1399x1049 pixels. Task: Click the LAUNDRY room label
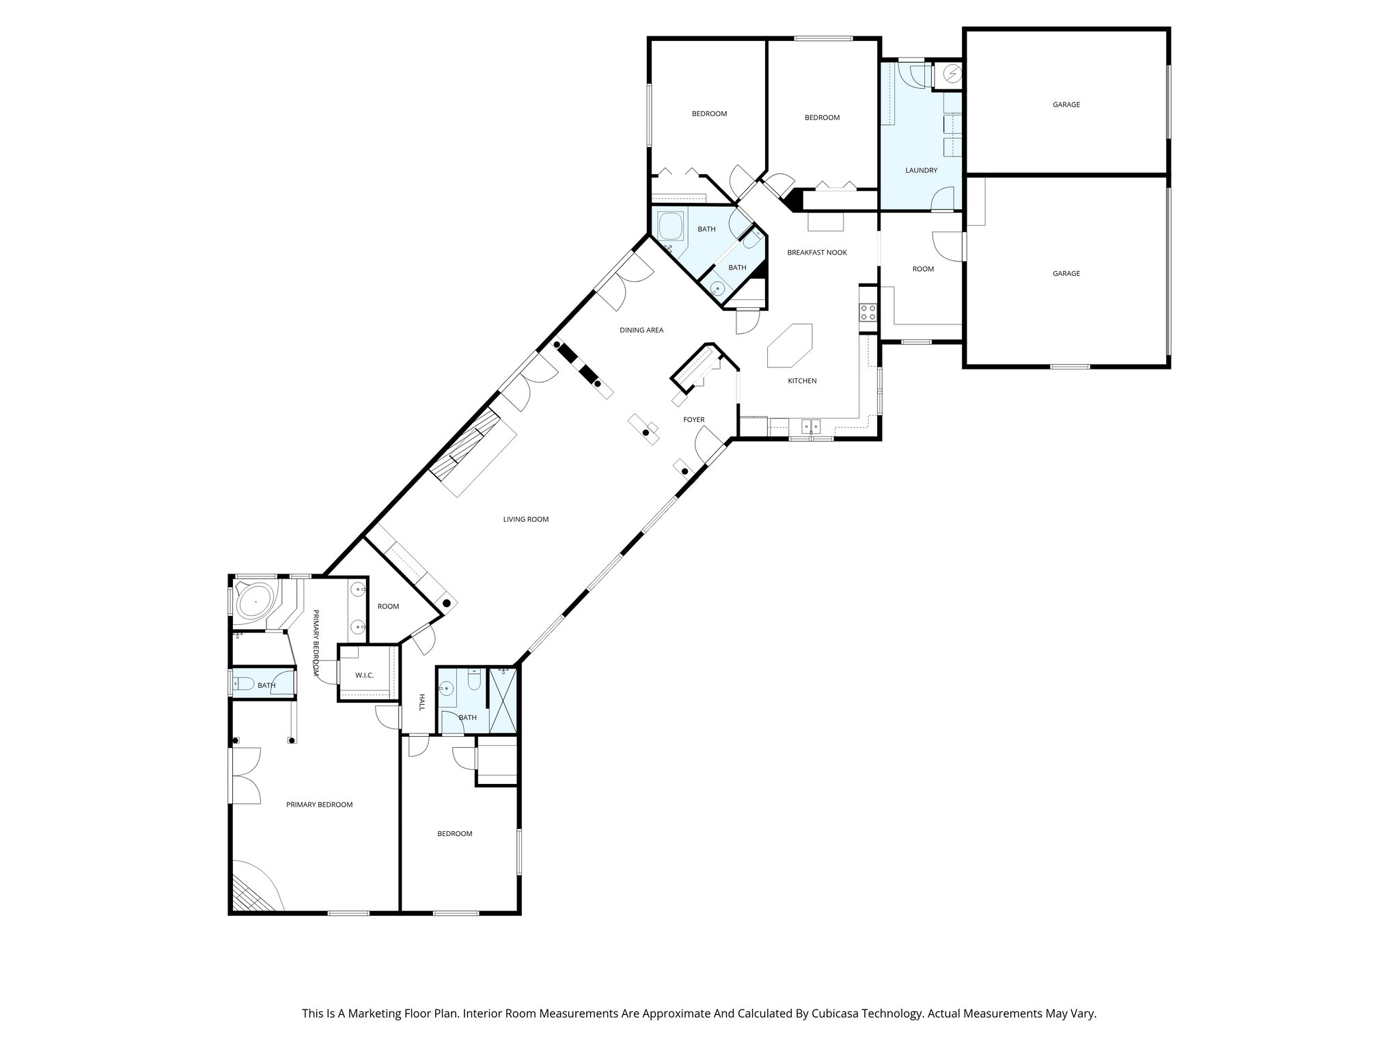coord(921,170)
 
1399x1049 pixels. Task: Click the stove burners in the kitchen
coord(868,312)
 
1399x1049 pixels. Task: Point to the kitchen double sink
coord(812,426)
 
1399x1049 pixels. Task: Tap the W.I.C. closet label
coord(364,675)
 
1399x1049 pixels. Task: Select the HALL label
coord(422,702)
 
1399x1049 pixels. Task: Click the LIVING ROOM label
coord(525,520)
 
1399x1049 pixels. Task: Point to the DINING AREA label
coord(641,331)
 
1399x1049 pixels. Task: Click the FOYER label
coord(693,420)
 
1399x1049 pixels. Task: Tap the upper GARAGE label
coord(1066,105)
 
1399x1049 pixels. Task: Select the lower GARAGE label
coord(1066,274)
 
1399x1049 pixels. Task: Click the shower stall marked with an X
coord(503,700)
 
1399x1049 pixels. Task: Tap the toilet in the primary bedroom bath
coord(244,684)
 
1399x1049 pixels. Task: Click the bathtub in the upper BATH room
coord(670,227)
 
